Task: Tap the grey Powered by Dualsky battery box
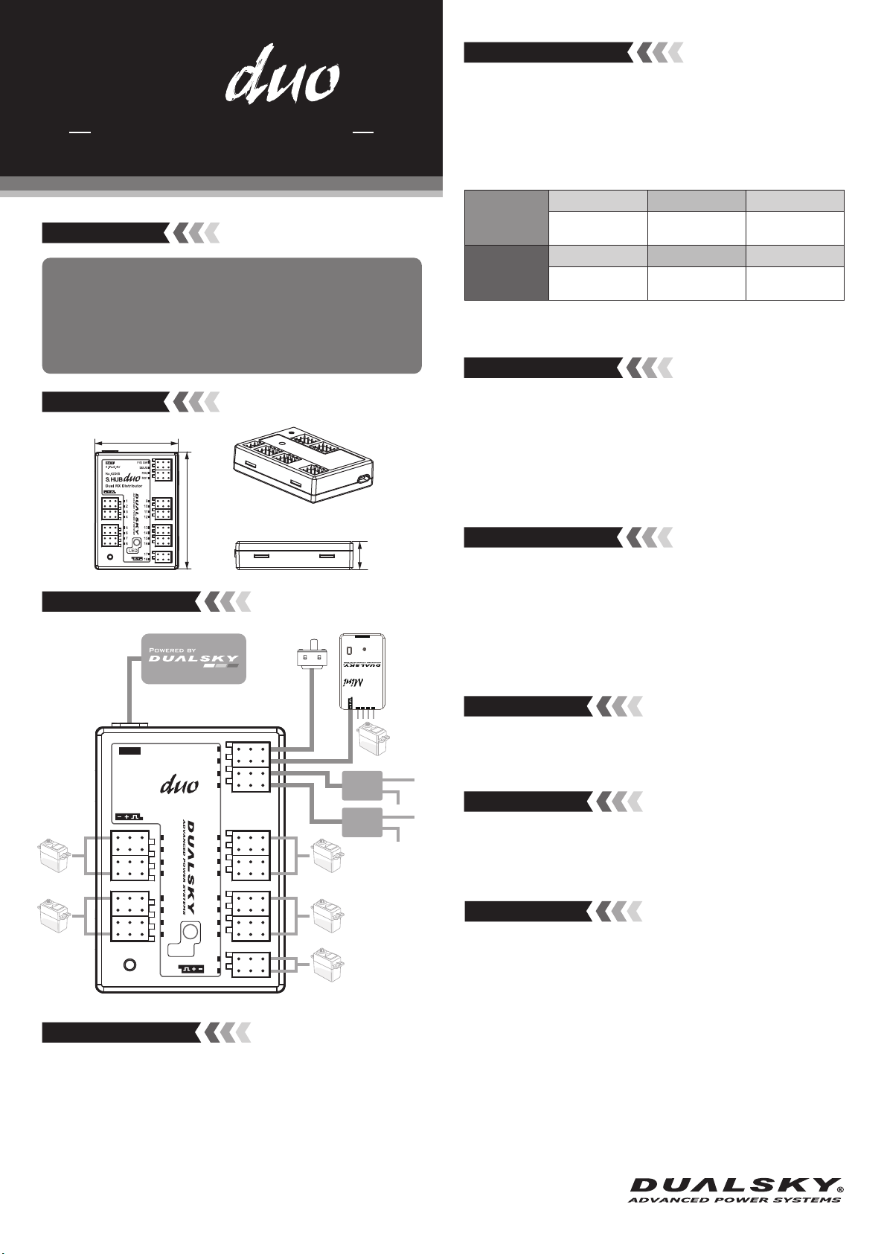(193, 658)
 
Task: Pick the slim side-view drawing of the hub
(295, 555)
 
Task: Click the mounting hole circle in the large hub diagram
(129, 965)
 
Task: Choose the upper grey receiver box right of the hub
(362, 785)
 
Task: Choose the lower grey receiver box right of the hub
(362, 822)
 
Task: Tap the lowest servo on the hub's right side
(328, 965)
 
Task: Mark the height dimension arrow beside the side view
(361, 555)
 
